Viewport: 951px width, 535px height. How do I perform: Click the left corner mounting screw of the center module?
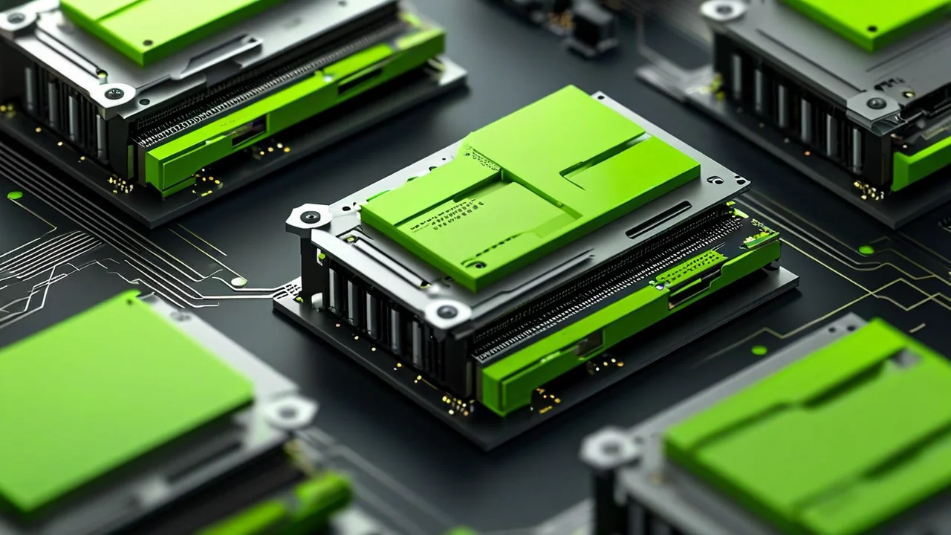310,217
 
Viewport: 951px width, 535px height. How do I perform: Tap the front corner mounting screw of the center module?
447,312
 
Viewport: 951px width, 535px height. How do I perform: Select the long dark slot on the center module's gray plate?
658,221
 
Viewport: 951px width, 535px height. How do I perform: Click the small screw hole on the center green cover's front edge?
475,264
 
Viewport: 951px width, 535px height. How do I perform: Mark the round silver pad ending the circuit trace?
238,282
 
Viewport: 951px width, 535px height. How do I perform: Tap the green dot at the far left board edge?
14,195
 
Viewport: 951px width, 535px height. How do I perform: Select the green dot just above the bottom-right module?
759,350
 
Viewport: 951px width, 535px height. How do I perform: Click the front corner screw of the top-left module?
114,94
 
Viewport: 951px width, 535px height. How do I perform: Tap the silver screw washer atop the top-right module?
722,10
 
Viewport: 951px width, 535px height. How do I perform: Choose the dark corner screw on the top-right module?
876,103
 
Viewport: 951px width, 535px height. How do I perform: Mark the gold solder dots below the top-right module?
868,191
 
